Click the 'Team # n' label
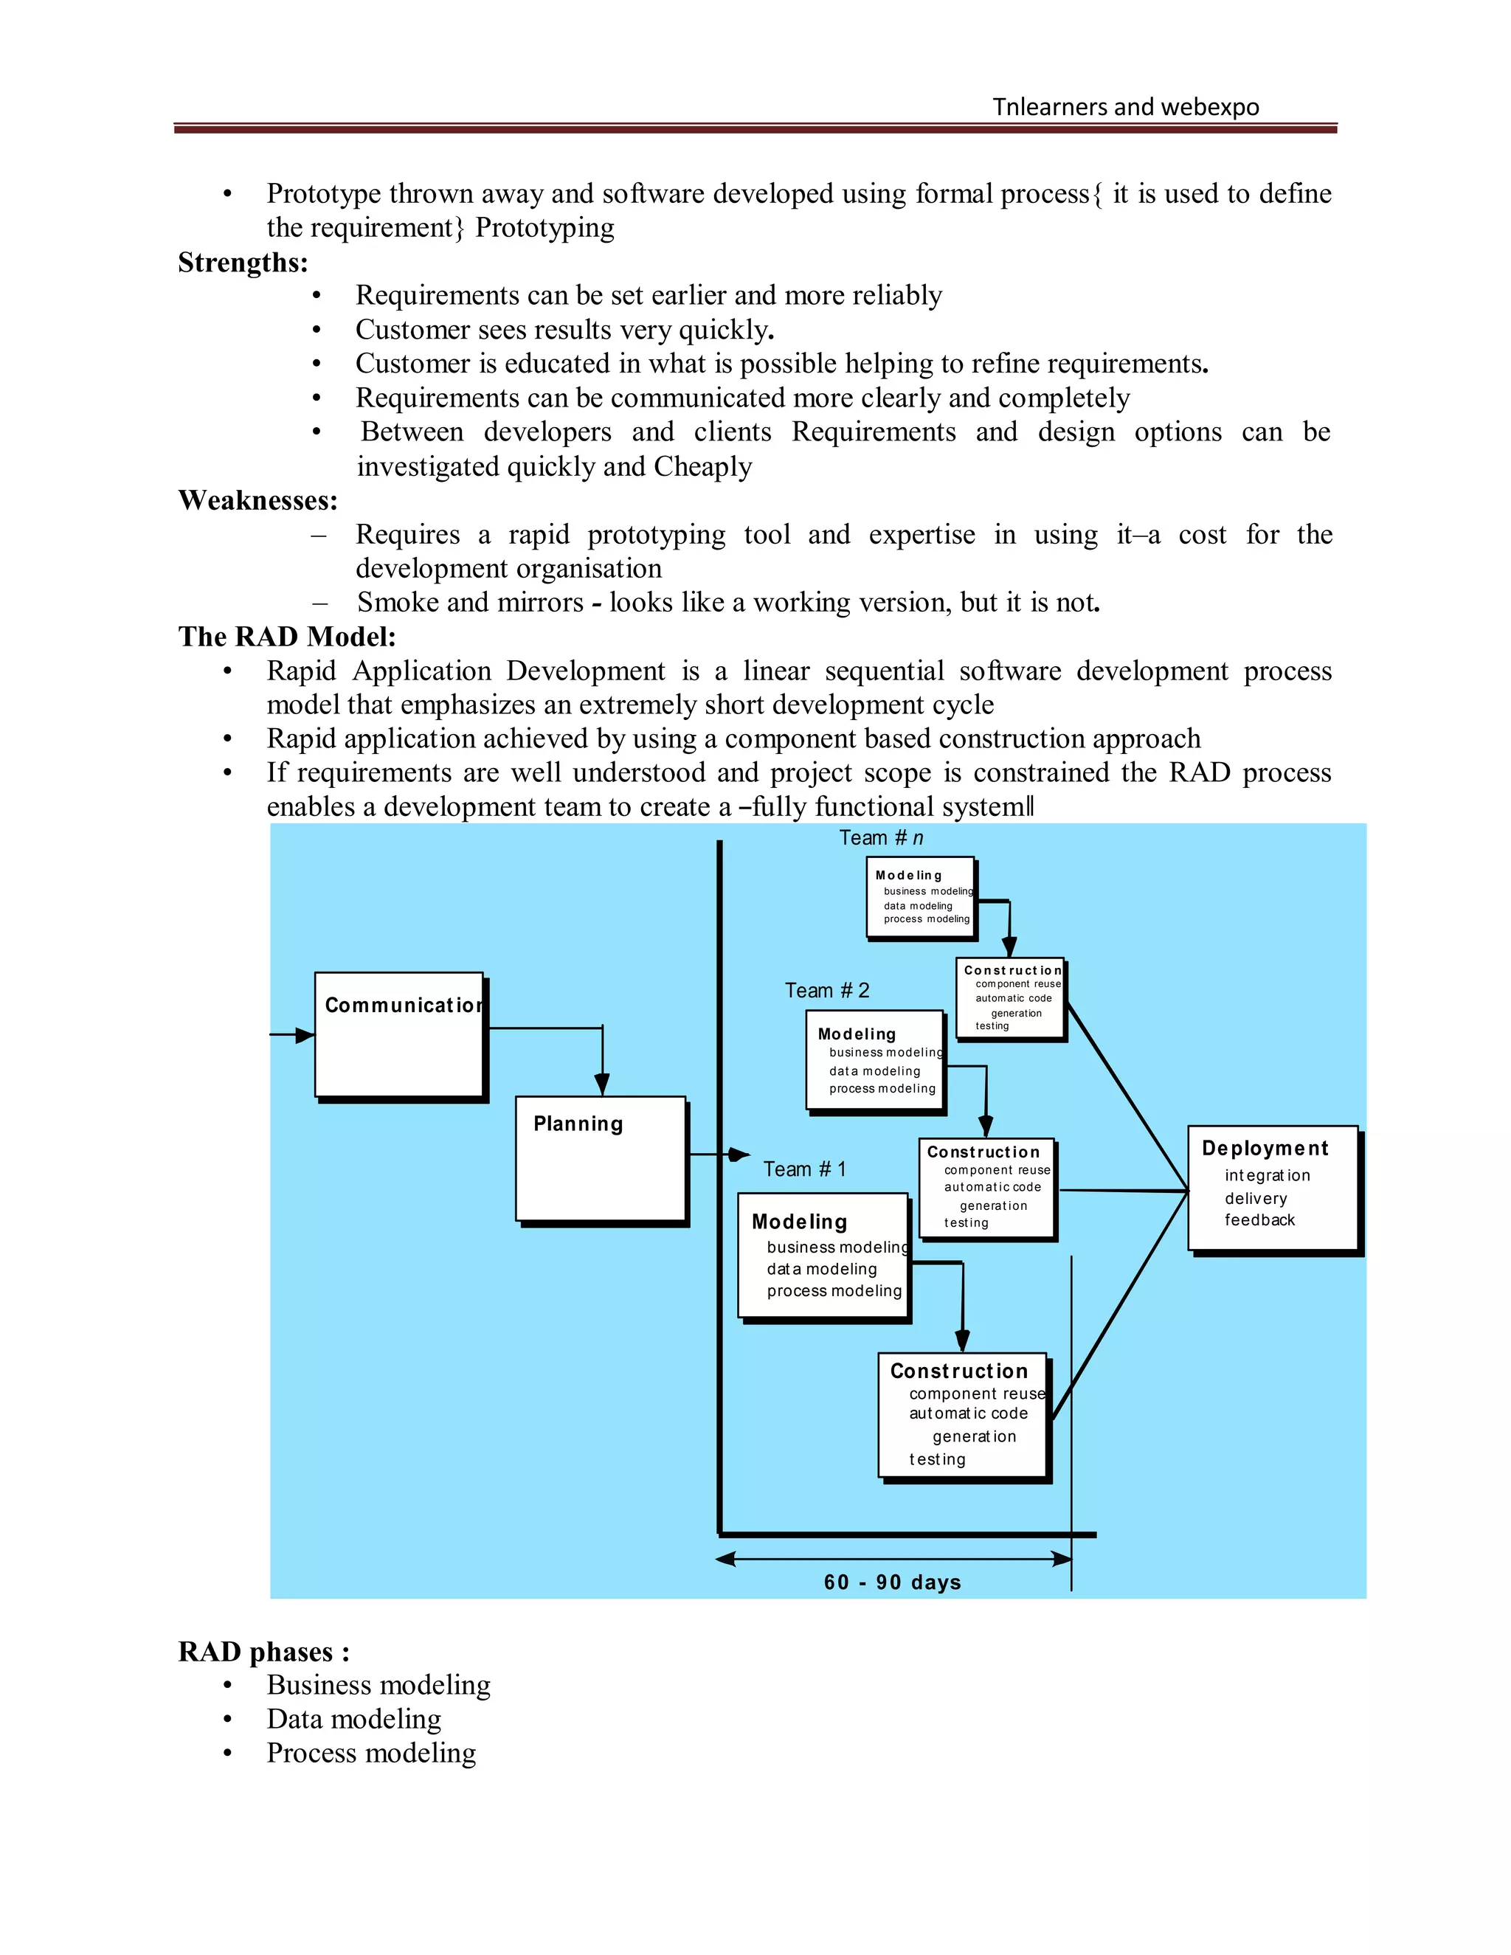(881, 838)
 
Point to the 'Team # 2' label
(827, 990)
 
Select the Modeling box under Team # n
(920, 897)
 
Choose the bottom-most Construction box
(962, 1414)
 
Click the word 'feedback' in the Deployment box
(1259, 1220)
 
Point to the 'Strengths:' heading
(243, 263)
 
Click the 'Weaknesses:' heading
(257, 500)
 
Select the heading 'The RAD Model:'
(286, 637)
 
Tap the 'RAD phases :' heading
(264, 1652)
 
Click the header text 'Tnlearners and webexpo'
(1125, 108)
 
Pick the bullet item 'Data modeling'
(353, 1719)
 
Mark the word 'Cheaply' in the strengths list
(702, 466)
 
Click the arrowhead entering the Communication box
(305, 1035)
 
